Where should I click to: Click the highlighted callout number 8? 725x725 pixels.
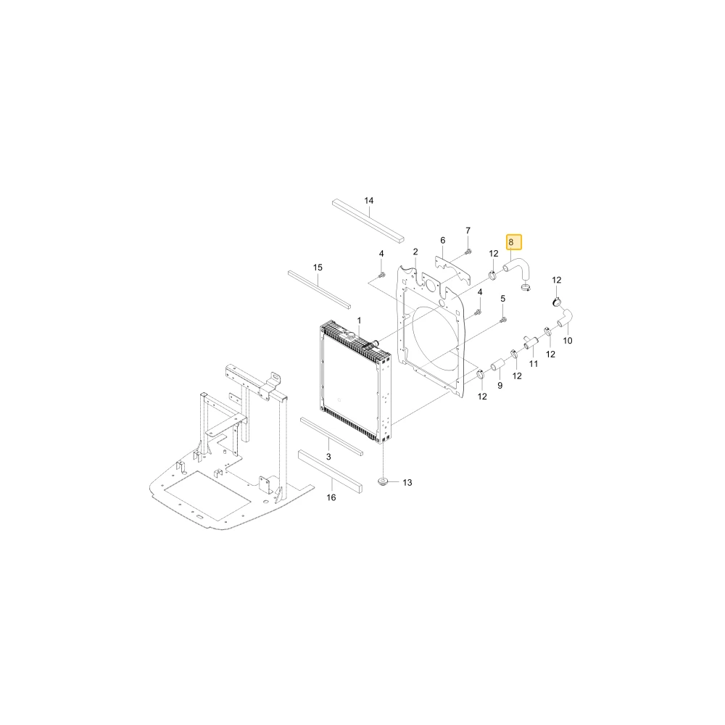point(511,242)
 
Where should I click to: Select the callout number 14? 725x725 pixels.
point(368,201)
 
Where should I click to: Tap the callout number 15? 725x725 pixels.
point(318,268)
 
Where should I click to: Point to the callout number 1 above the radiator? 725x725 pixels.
point(360,320)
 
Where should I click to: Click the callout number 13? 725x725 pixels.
point(407,483)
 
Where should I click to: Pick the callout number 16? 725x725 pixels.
point(331,497)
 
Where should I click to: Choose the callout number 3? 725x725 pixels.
point(328,457)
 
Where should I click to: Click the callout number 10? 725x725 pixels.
point(568,341)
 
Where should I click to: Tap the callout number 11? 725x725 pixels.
point(534,364)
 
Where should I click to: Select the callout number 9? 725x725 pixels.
point(500,386)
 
